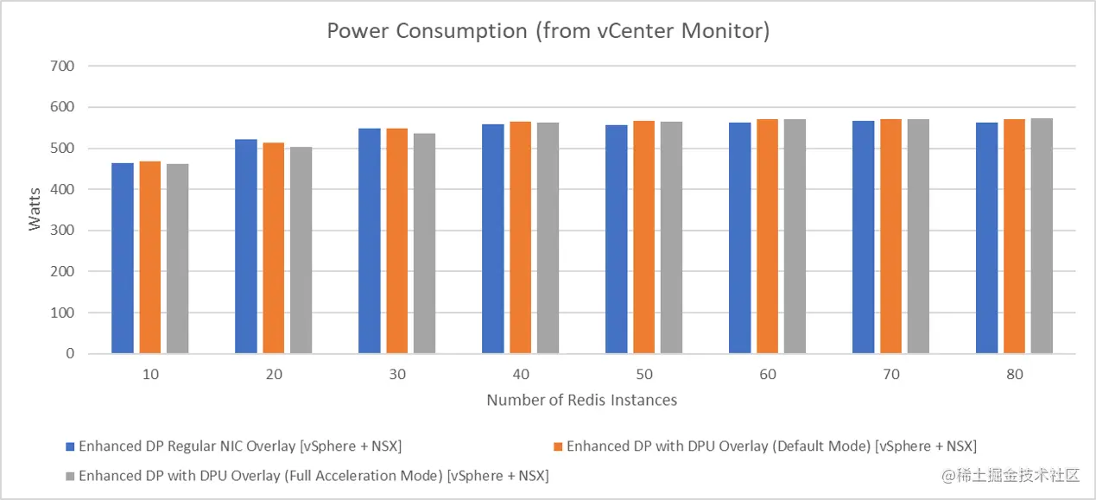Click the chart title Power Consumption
548,32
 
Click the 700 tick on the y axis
63,66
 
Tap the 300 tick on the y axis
63,231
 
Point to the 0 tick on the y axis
70,354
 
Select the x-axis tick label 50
644,375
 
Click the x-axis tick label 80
1015,375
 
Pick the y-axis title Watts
35,210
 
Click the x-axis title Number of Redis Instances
581,400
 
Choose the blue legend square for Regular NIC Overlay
71,447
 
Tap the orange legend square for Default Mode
558,447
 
